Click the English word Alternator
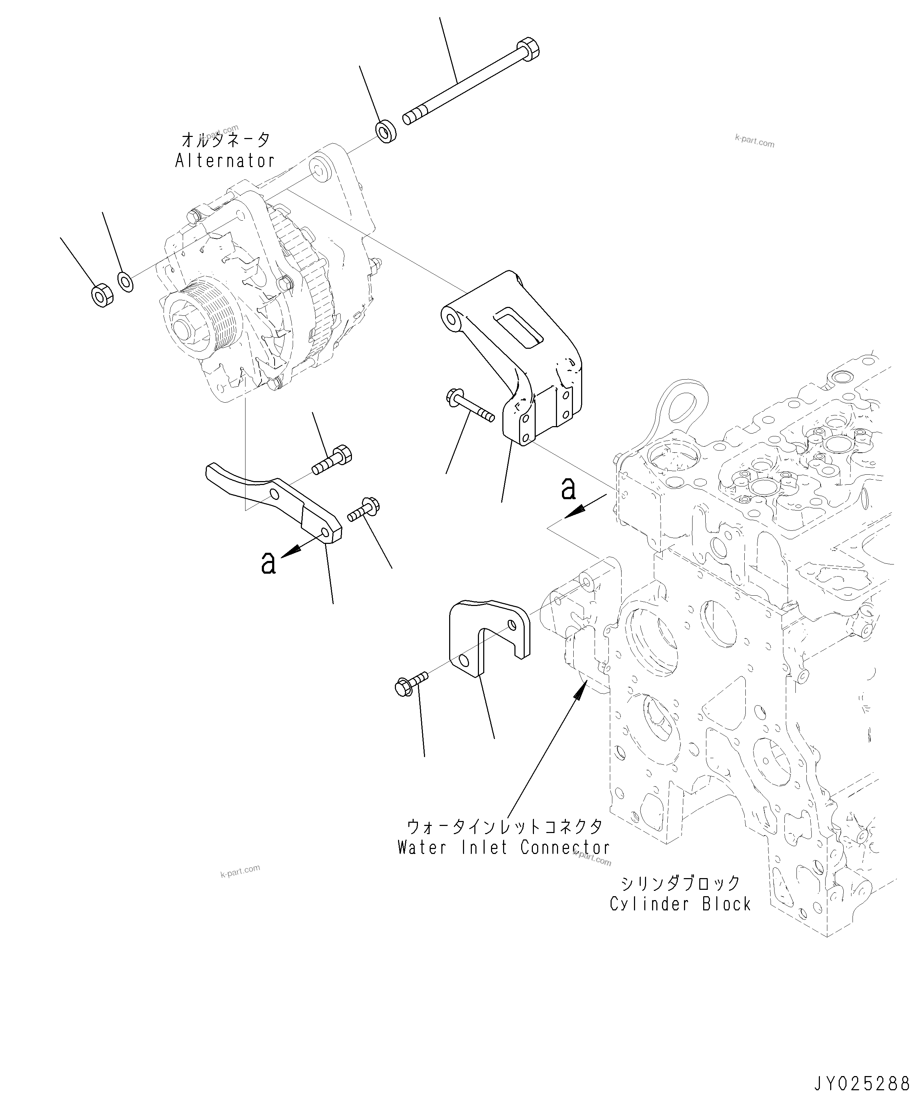coord(225,161)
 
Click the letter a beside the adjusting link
coord(268,562)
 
